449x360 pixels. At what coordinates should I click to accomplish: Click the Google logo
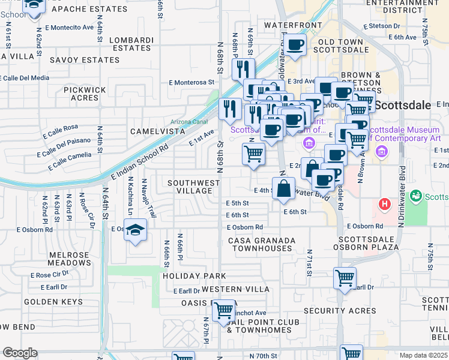pos(20,353)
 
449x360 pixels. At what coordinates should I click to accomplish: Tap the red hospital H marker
pos(385,205)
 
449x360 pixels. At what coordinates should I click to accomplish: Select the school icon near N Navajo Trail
pos(136,231)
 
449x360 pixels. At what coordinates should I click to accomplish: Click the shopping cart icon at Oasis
pos(224,311)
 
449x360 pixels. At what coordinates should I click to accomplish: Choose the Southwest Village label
pos(193,187)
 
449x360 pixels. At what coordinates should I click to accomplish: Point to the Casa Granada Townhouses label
pos(262,244)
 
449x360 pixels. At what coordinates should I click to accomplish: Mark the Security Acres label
pos(340,311)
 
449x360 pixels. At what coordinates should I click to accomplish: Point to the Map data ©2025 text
pos(424,355)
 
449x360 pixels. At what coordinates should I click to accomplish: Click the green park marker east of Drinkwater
pos(415,196)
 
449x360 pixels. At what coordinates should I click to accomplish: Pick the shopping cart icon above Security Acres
pos(345,278)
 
